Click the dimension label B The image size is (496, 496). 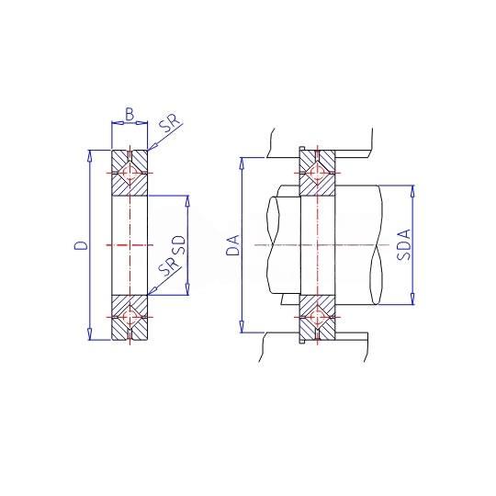[130, 114]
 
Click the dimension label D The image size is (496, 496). [81, 245]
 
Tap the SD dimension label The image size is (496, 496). [178, 245]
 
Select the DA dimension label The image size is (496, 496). [234, 245]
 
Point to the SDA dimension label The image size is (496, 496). [404, 244]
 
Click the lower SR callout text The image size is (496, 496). [170, 265]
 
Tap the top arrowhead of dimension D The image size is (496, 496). [90, 155]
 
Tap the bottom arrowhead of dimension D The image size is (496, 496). [90, 334]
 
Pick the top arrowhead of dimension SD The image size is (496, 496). [187, 200]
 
